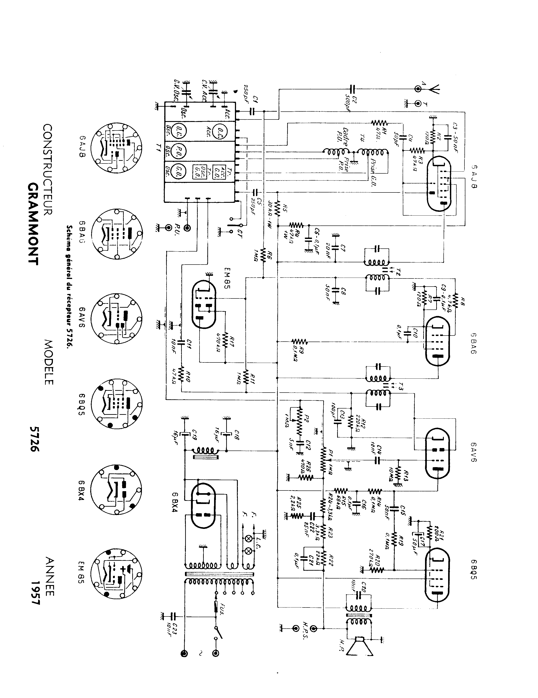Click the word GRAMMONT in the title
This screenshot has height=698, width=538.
coord(33,224)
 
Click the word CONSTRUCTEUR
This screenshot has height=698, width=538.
coord(48,169)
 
